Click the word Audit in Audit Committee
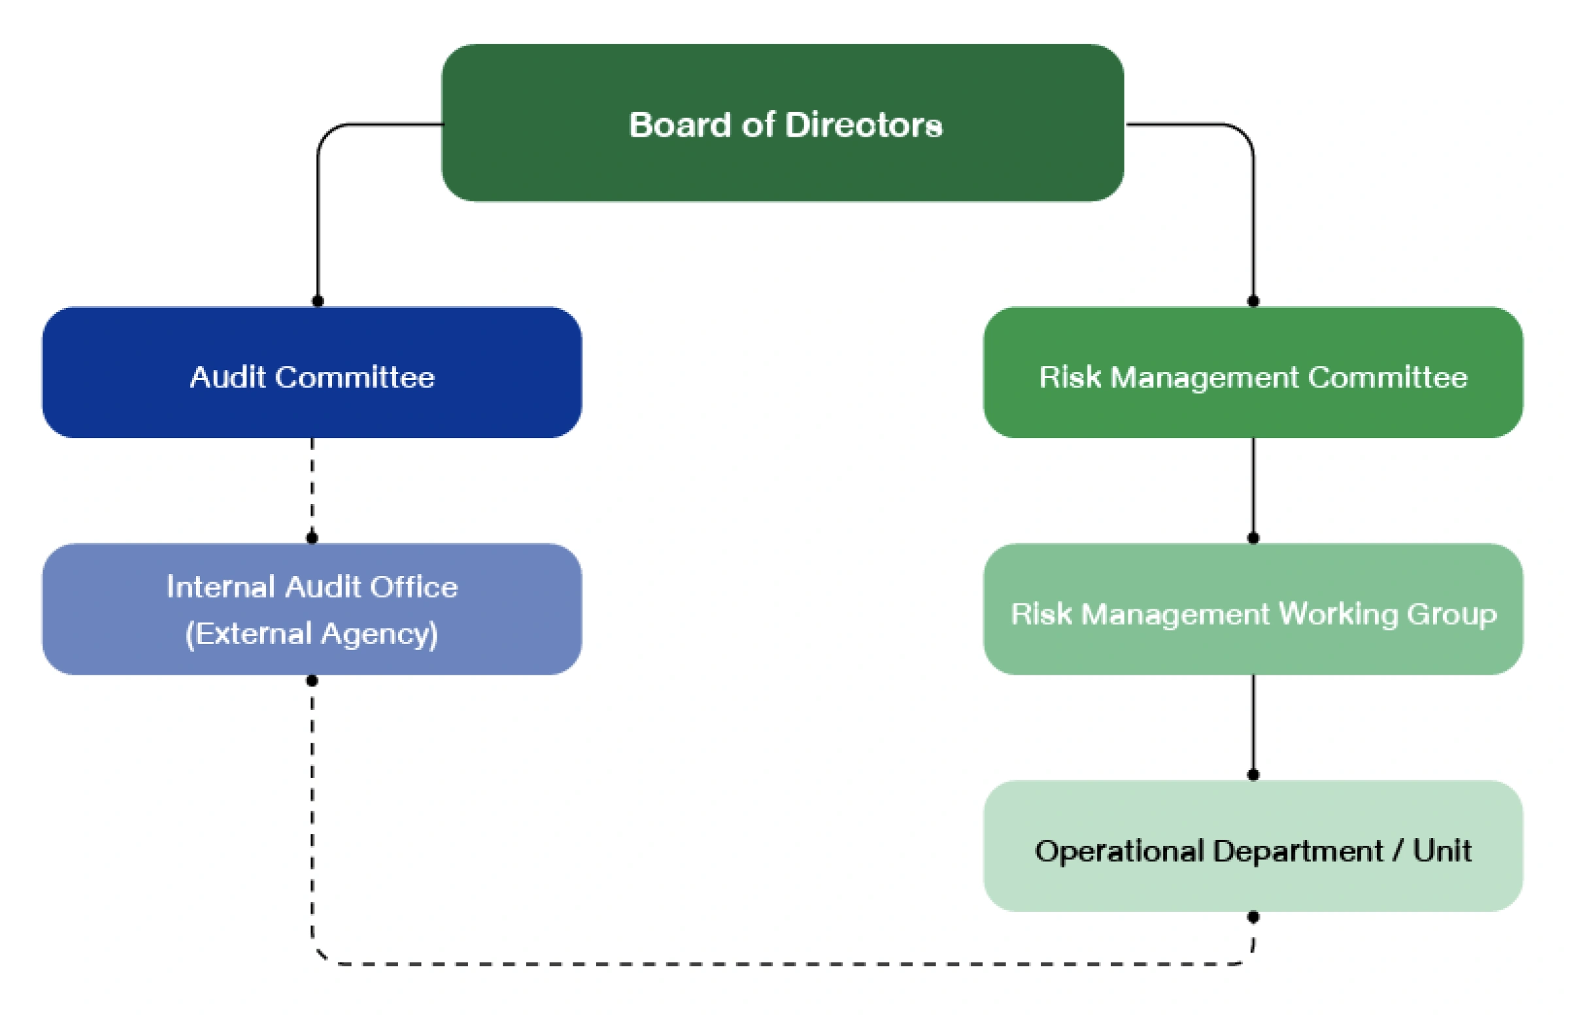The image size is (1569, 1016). pyautogui.click(x=228, y=377)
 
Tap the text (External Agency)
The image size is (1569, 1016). pyautogui.click(x=312, y=634)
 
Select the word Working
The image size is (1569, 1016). pyautogui.click(x=1338, y=614)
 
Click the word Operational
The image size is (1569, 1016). pyautogui.click(x=1119, y=851)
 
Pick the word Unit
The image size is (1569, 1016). pyautogui.click(x=1442, y=851)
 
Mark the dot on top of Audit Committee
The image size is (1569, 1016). pyautogui.click(x=318, y=301)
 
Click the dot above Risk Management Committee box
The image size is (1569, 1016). pyautogui.click(x=1253, y=301)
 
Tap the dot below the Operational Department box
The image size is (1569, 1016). pyautogui.click(x=1253, y=917)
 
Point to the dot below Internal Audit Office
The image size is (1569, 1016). pyautogui.click(x=312, y=681)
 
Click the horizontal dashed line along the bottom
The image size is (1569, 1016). pyautogui.click(x=783, y=964)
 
